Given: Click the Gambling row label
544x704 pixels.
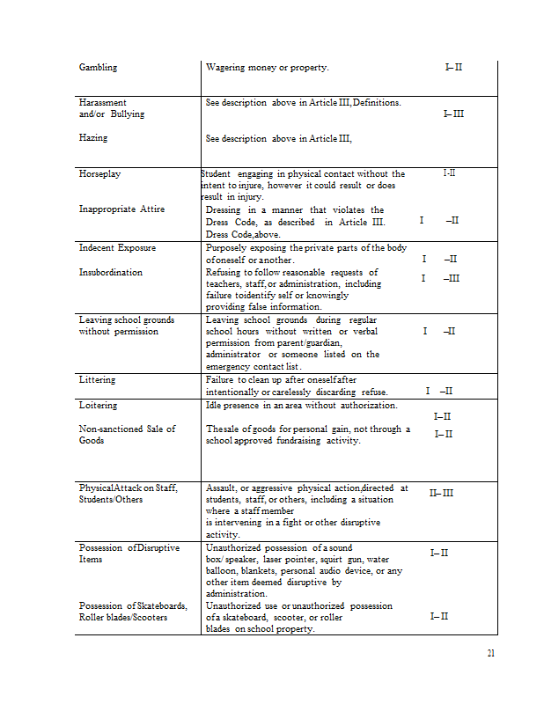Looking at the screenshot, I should point(98,67).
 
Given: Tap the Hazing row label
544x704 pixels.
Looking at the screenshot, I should point(93,138).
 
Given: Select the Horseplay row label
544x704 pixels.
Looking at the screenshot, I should point(99,174).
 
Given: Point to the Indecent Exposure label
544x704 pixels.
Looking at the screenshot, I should point(117,248).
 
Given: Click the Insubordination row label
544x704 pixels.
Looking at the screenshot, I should point(110,273).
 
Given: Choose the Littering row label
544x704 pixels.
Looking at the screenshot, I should point(97,380).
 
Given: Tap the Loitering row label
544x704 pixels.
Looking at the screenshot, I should point(98,406).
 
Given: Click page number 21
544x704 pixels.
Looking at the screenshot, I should point(491,654).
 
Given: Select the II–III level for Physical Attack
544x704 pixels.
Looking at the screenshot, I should point(441,493).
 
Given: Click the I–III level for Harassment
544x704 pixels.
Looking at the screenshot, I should point(453,114).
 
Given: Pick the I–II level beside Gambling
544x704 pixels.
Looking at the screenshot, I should point(454,67).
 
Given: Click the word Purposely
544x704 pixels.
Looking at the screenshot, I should point(228,248).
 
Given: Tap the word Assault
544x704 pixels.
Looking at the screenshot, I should point(223,488).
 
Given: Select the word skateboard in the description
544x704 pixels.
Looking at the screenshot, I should point(250,618).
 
